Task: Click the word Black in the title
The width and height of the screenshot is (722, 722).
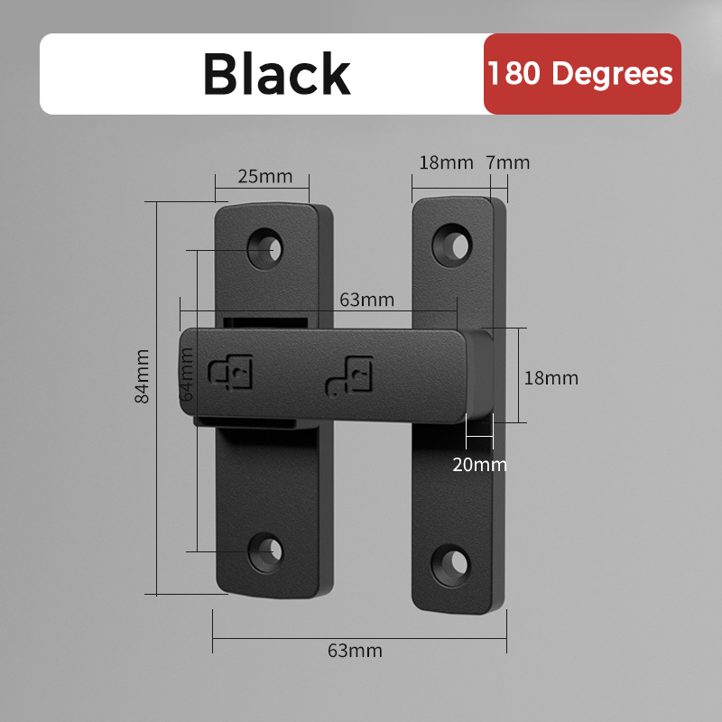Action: point(276,74)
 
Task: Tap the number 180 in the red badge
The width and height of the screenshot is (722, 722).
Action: point(516,74)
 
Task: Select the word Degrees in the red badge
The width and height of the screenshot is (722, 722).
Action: point(613,74)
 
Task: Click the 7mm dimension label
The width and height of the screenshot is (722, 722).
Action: point(507,163)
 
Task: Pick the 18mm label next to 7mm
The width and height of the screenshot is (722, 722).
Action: point(446,163)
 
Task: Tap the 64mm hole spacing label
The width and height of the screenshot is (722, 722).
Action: point(188,375)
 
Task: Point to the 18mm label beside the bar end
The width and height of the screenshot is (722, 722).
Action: point(551,378)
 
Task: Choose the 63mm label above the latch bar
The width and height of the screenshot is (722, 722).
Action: point(366,300)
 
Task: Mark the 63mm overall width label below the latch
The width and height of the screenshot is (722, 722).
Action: point(355,651)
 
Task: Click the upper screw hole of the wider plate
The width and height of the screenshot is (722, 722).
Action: point(266,246)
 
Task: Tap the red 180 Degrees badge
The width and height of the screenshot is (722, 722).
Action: point(582,74)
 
